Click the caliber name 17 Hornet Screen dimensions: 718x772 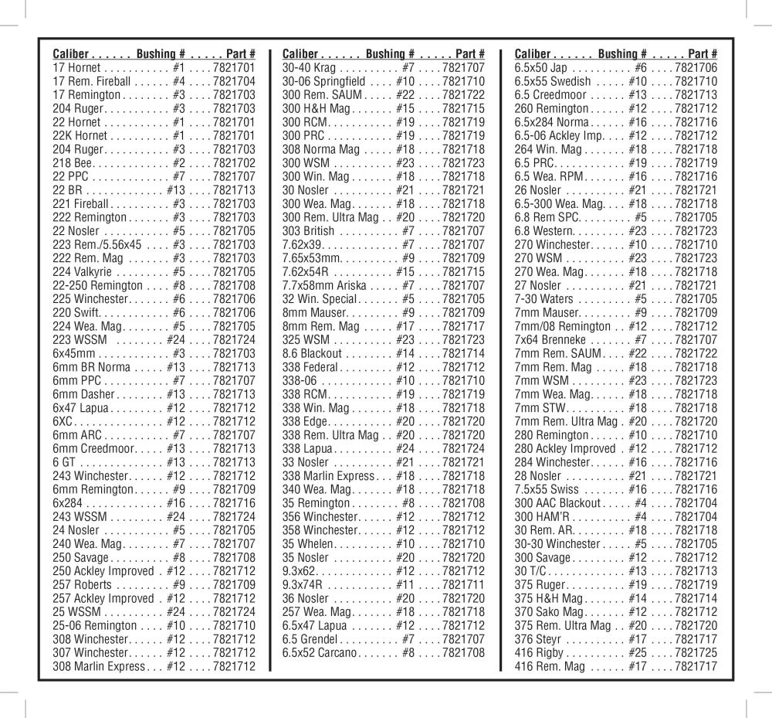(x=77, y=68)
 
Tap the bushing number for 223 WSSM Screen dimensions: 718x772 (x=176, y=339)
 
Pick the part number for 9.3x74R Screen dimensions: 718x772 (x=463, y=584)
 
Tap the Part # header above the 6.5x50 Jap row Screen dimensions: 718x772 (x=703, y=54)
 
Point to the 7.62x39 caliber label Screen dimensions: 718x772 (x=303, y=244)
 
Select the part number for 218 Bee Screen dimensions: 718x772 (x=234, y=163)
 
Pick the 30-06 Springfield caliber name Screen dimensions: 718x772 (x=323, y=81)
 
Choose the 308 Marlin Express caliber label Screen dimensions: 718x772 (x=99, y=666)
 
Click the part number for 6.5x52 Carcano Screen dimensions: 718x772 (x=463, y=652)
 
